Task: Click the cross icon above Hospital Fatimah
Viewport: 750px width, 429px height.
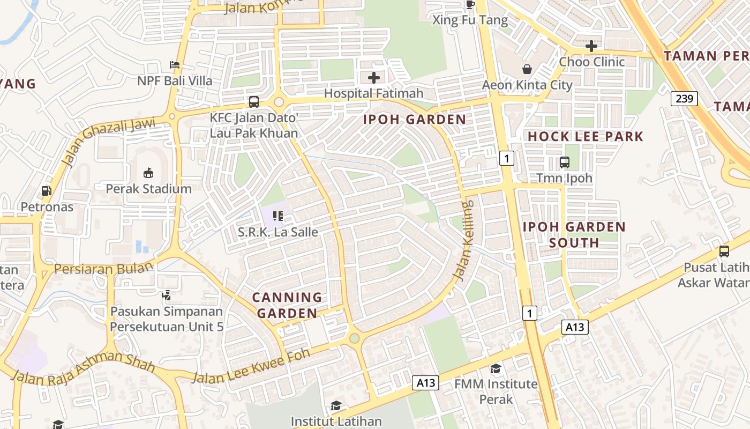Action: [374, 78]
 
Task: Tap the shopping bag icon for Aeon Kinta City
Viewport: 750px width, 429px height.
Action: [527, 69]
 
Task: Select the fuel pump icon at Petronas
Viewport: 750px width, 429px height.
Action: [47, 190]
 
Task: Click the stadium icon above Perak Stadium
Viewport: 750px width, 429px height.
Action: [148, 173]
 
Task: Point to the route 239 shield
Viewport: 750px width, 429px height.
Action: [684, 99]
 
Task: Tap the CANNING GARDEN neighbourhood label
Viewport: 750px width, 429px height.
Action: [287, 305]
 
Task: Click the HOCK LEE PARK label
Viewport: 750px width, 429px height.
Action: [585, 137]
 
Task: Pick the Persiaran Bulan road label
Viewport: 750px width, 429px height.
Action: [103, 269]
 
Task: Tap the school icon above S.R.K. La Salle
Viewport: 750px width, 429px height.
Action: [277, 216]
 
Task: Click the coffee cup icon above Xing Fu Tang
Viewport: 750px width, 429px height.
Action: [470, 5]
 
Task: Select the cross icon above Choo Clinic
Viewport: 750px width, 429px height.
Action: [591, 46]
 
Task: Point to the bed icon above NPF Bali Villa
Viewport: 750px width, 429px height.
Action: [174, 65]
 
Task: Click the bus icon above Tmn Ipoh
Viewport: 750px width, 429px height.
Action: [564, 162]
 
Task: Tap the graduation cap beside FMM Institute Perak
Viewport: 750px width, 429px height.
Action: [496, 368]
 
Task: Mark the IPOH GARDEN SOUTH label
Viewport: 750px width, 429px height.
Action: [574, 235]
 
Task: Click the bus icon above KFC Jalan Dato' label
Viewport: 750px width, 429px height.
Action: [254, 101]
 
